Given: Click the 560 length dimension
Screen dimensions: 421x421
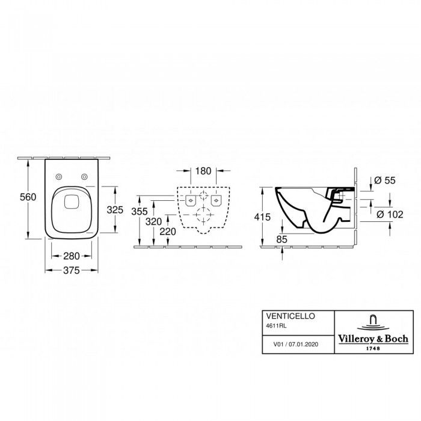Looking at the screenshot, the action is click(x=28, y=197).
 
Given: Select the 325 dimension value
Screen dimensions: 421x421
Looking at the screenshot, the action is click(x=115, y=210).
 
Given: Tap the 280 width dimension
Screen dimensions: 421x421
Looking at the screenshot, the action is click(x=72, y=256).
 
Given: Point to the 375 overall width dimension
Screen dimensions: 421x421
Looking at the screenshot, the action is click(x=72, y=271).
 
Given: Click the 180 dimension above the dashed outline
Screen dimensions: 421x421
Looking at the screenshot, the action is click(x=203, y=171).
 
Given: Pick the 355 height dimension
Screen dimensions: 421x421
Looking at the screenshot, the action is click(x=140, y=211).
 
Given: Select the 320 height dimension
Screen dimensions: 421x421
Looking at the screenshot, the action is click(x=153, y=221).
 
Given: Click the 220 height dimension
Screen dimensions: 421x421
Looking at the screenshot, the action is click(x=168, y=232).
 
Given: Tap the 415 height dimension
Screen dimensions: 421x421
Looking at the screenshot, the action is click(x=262, y=217).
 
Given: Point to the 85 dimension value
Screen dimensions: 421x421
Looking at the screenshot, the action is click(x=281, y=239).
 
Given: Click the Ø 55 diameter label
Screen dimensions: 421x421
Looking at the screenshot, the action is click(x=385, y=180).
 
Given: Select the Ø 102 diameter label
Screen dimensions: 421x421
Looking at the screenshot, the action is click(x=390, y=214).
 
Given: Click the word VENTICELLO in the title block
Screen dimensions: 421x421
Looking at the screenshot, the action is click(x=290, y=316).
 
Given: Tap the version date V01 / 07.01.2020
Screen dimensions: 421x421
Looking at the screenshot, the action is click(x=296, y=344).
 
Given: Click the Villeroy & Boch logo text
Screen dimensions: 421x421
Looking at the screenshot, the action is click(x=373, y=339).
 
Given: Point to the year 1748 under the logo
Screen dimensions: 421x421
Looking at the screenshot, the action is click(x=373, y=348).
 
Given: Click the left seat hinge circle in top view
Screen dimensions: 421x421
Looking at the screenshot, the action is click(x=59, y=176).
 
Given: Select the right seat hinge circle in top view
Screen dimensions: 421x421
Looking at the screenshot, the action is click(x=85, y=176).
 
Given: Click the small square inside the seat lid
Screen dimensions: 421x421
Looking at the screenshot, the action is click(x=72, y=201).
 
